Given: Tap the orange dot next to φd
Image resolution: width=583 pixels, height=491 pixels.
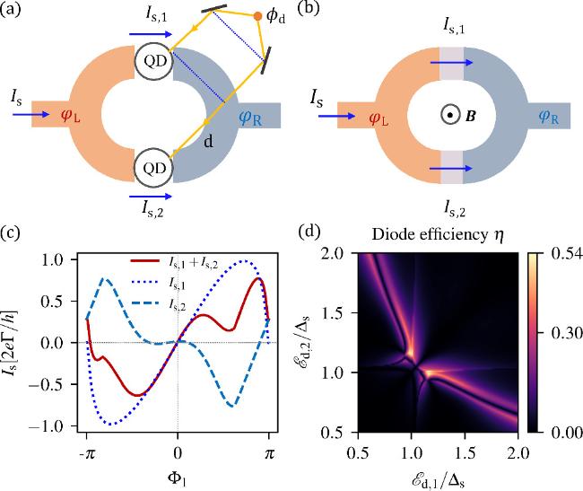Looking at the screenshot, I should [x=258, y=16].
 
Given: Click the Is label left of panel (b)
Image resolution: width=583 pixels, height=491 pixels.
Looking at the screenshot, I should [x=318, y=93].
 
